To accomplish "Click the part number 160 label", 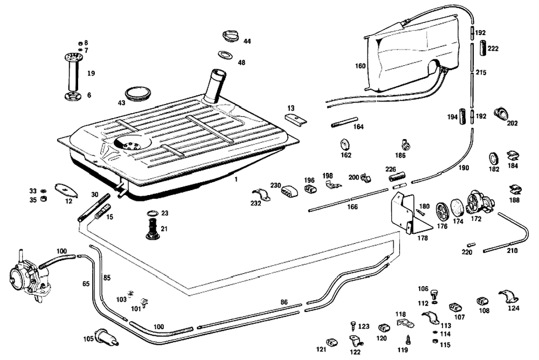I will pos(360,66).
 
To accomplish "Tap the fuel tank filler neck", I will pos(215,86).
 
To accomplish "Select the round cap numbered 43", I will pos(138,93).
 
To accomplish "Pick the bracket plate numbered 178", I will pos(403,212).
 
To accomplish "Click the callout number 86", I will pos(284,302).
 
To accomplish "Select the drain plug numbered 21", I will pos(153,229).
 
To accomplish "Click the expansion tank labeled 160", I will pos(412,54).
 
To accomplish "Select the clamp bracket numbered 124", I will pos(508,297).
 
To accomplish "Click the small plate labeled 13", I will pos(295,119).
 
